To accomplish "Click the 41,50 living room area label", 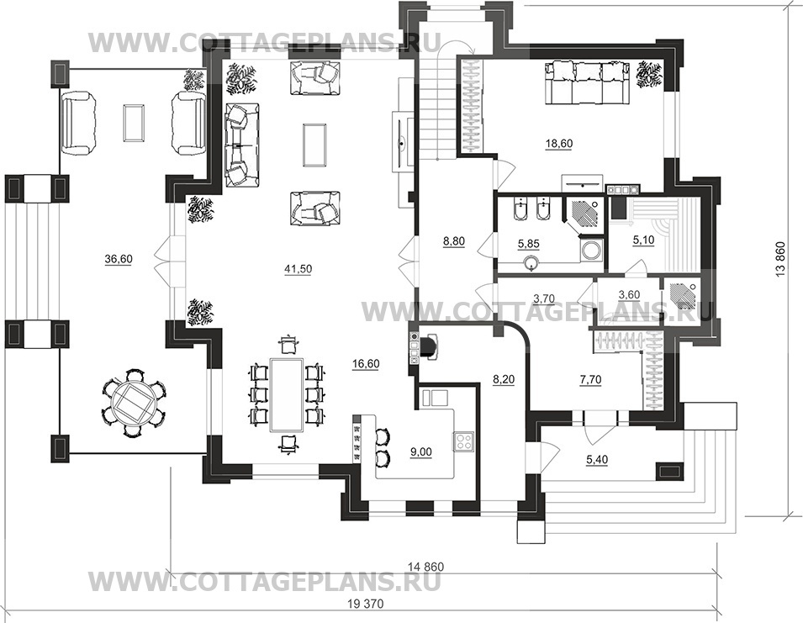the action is coord(298,269).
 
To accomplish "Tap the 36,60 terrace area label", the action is coord(119,259).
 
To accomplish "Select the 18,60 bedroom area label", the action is coord(558,143).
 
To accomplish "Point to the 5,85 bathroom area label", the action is coord(528,244).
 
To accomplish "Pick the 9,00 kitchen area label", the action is coord(421,451).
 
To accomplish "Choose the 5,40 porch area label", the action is coord(597,460).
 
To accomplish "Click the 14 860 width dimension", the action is coord(425,567).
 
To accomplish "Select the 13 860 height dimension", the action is coord(780,259).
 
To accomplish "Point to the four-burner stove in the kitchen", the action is coord(463,441).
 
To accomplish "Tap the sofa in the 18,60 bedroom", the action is coord(587,83).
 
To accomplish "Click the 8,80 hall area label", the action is coord(454,240).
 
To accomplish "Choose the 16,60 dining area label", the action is coord(366,364).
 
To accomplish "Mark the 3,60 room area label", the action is coord(630,294).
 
